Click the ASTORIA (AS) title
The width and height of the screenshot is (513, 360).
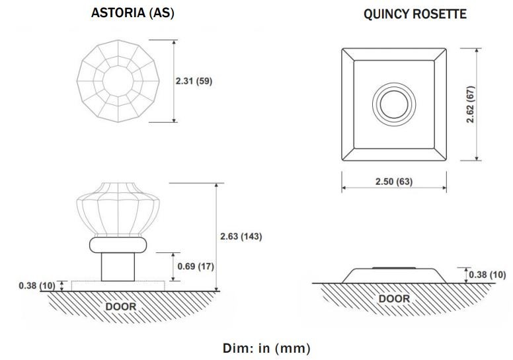click(132, 13)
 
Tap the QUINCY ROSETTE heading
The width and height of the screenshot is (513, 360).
click(415, 14)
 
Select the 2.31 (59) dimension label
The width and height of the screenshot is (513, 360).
click(194, 81)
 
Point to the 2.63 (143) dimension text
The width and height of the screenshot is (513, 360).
click(241, 236)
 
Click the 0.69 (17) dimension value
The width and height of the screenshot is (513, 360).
click(196, 266)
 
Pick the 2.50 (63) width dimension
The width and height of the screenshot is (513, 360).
click(394, 181)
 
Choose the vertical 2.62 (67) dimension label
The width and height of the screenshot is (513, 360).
click(471, 104)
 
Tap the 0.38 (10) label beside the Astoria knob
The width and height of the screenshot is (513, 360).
click(37, 285)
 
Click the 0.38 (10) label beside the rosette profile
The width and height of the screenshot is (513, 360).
click(487, 275)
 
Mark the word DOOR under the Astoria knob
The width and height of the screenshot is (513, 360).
click(121, 306)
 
